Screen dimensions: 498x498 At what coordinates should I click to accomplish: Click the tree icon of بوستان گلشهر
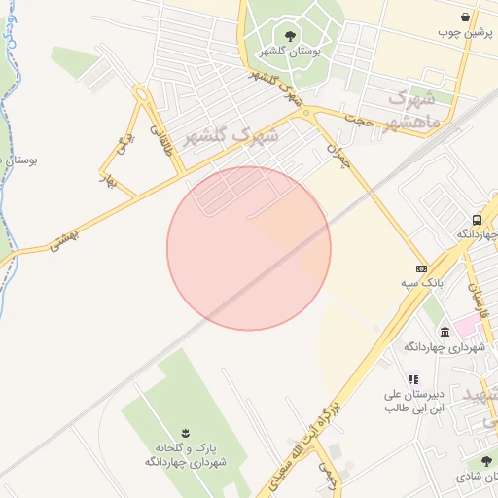click(290, 36)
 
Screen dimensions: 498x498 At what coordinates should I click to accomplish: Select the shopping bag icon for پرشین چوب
click(465, 17)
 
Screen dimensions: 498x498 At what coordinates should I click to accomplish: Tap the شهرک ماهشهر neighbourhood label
click(414, 110)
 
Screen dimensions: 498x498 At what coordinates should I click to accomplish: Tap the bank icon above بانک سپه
click(421, 268)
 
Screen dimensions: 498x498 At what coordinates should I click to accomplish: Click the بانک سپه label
click(419, 283)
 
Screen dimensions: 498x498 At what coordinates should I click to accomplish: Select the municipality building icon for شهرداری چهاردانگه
click(445, 332)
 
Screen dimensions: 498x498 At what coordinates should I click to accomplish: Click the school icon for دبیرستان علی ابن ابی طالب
click(412, 379)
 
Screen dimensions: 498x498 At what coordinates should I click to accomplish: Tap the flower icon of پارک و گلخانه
click(185, 431)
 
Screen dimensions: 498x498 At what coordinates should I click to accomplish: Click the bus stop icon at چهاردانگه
click(477, 220)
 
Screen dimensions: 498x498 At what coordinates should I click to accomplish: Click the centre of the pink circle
click(249, 248)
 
